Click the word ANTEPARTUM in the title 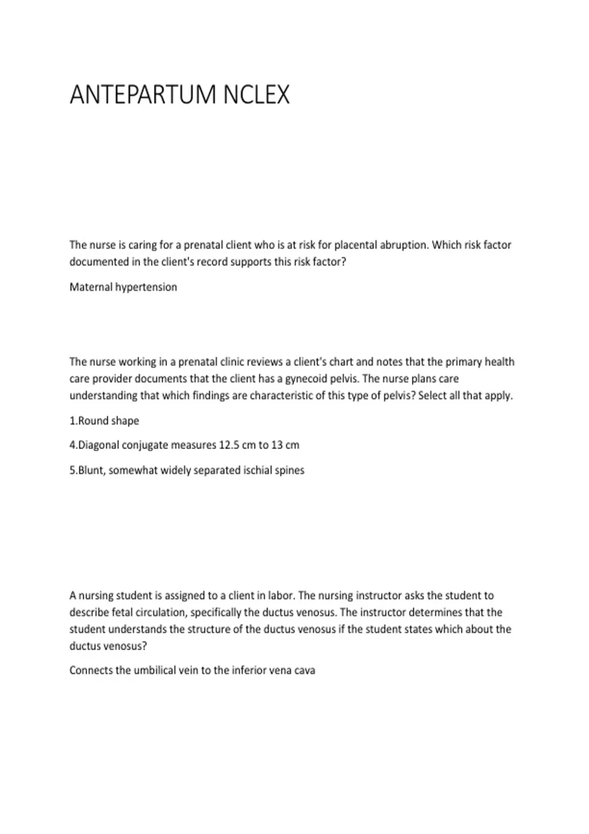[x=143, y=95]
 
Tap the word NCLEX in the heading [x=256, y=95]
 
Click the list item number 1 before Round [x=73, y=421]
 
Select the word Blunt [x=91, y=470]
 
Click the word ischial [x=259, y=470]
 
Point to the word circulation [x=160, y=613]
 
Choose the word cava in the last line [x=304, y=671]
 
